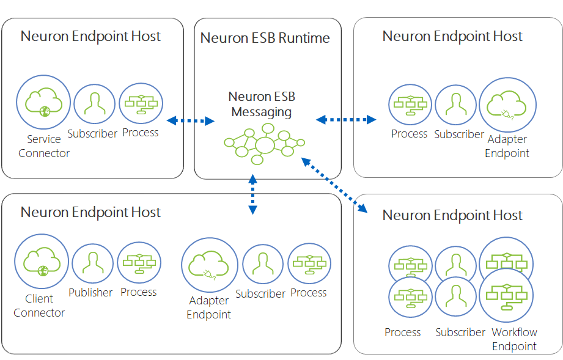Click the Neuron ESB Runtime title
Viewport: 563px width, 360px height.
coord(265,38)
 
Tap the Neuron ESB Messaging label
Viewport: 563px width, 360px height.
coord(262,104)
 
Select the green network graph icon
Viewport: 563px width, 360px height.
coord(264,144)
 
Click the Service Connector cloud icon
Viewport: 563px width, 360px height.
coord(43,102)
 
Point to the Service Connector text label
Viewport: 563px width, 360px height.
coord(44,146)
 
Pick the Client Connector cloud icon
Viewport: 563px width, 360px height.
coord(42,262)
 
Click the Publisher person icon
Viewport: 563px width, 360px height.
coord(93,264)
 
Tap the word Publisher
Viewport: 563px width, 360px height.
coord(90,293)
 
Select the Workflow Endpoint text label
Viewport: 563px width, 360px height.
coord(514,339)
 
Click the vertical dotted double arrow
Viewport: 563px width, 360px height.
coord(253,194)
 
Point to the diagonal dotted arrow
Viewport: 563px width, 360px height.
coord(334,185)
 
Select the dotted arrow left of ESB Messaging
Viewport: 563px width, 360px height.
coord(191,120)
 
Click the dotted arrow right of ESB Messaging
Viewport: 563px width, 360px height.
coord(346,120)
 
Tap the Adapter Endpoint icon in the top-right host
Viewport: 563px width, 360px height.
coord(508,105)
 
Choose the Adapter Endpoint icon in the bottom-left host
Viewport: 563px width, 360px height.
coord(210,265)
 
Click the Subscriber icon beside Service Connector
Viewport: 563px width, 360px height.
coord(94,104)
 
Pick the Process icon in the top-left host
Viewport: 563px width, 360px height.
coord(141,103)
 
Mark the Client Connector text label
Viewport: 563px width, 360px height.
coord(39,306)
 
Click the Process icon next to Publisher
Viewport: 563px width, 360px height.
coord(139,263)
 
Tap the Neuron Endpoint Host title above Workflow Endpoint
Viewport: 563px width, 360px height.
coord(452,215)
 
